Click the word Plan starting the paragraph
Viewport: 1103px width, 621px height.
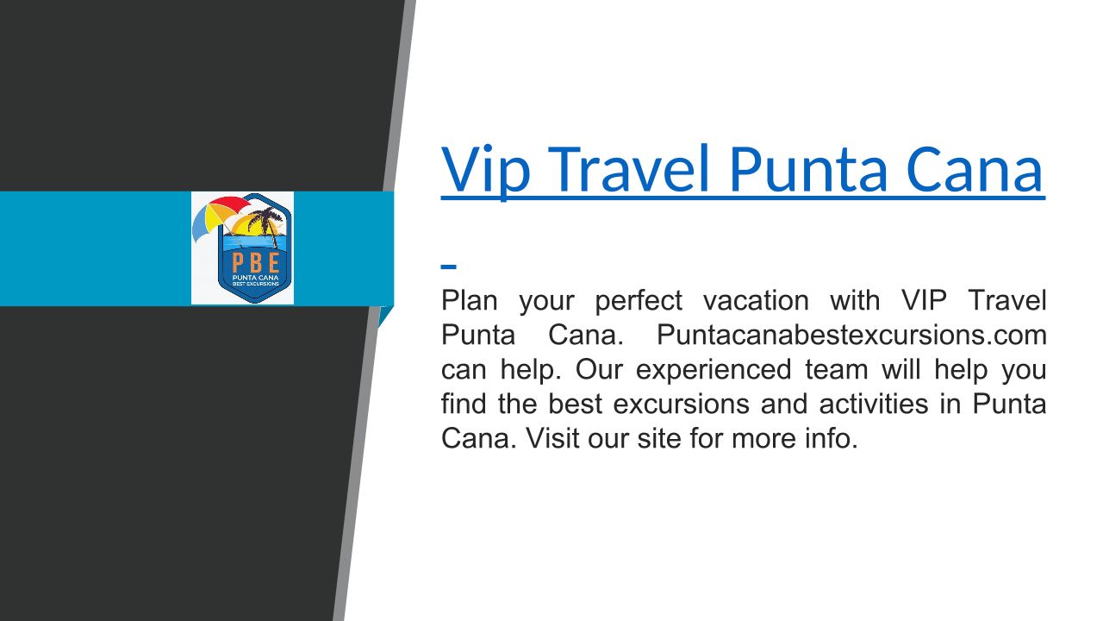tap(469, 300)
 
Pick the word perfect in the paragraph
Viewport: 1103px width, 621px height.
tap(639, 302)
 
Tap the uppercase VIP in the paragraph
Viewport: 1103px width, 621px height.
tap(924, 300)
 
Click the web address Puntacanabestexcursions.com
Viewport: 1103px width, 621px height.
tap(851, 336)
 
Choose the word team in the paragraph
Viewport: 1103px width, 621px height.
tap(836, 370)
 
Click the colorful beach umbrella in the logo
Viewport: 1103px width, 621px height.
tap(221, 216)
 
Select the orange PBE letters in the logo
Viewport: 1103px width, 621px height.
tap(256, 263)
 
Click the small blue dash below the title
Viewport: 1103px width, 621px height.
tap(449, 267)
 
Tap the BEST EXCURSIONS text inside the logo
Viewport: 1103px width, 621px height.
tap(256, 284)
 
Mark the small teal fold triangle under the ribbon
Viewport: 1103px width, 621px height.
tap(384, 316)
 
